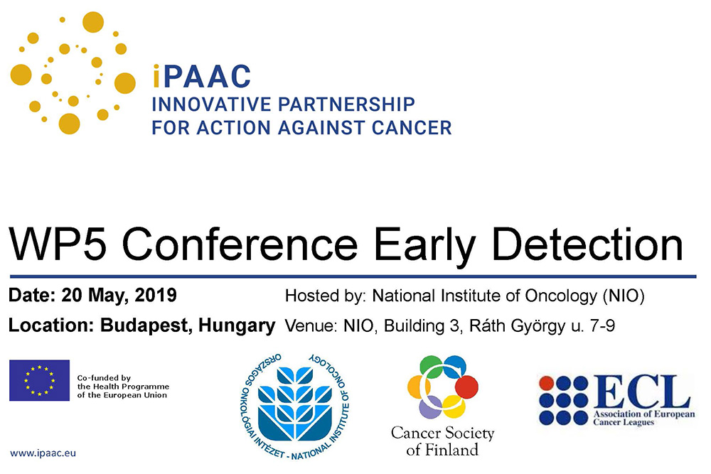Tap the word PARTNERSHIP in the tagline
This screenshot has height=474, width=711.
click(x=347, y=104)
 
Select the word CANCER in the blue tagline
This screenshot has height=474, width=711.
click(x=412, y=128)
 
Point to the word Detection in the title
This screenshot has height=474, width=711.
click(x=587, y=244)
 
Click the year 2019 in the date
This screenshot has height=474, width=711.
click(x=156, y=296)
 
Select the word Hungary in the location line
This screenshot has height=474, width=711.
click(x=237, y=326)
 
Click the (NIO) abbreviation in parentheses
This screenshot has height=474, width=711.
click(x=624, y=296)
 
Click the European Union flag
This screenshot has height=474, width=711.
click(x=39, y=381)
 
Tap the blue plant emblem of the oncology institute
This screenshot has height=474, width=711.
click(x=295, y=403)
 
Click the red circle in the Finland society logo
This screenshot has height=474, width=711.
click(x=466, y=387)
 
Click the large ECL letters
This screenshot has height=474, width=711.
click(x=641, y=392)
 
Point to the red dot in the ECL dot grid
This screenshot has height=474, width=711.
click(x=546, y=383)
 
